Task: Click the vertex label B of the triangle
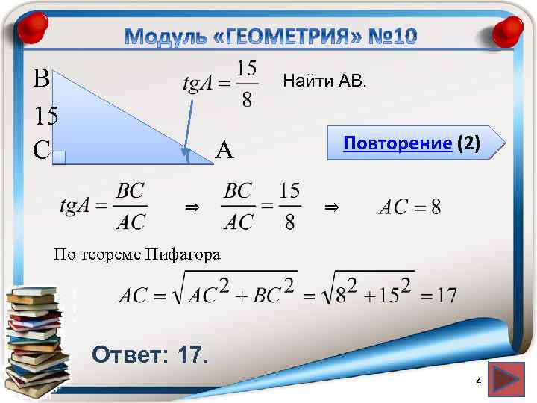pos(42,78)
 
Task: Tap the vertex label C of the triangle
pos(42,150)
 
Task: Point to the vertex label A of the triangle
pos(224,151)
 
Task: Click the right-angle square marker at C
pos(60,157)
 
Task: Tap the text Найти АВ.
pos(324,81)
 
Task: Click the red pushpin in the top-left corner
pos(31,28)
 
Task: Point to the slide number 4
pos(479,382)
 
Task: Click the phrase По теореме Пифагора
pos(136,254)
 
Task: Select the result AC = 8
pos(409,207)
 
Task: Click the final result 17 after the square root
pos(446,295)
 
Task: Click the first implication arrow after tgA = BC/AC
pos(192,207)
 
